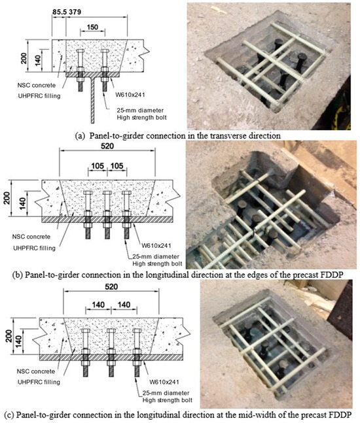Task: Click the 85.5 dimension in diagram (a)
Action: coord(60,12)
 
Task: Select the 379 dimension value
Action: coord(75,12)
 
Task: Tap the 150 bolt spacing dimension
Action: coord(92,27)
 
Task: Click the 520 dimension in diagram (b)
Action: coord(107,146)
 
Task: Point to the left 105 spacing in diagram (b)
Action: coord(98,165)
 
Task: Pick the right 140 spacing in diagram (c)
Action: coord(124,305)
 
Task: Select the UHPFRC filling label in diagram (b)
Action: coord(34,248)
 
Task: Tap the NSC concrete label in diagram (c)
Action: coord(36,371)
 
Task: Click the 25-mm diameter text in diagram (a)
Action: coord(140,110)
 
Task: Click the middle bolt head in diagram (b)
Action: coord(107,193)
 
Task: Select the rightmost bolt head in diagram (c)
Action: coord(137,330)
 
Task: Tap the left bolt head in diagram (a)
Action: coord(81,51)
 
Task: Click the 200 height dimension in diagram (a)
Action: coord(24,58)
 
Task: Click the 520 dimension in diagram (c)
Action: coord(111,286)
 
